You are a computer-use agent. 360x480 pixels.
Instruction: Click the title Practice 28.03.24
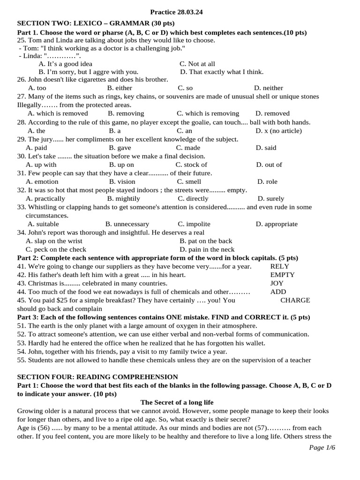[x=177, y=12]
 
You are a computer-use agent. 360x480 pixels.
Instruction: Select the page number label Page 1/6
[x=322, y=447]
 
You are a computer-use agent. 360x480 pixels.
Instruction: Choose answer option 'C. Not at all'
[x=197, y=64]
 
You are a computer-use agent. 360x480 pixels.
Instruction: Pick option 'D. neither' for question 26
[x=268, y=88]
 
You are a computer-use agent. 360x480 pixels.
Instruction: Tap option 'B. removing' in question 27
[x=126, y=113]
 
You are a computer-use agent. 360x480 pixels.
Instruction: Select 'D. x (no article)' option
[x=278, y=131]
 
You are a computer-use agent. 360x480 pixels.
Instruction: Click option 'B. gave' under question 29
[x=120, y=148]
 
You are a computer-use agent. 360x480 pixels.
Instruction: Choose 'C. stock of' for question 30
[x=191, y=165]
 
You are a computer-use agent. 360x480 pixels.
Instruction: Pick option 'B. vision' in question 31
[x=122, y=181]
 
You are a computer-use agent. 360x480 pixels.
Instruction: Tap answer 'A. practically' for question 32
[x=45, y=198]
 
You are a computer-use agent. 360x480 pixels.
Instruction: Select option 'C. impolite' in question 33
[x=194, y=224]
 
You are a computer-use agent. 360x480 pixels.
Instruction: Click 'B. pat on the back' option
[x=206, y=241]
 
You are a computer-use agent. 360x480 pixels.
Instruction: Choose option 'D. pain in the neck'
[x=207, y=249]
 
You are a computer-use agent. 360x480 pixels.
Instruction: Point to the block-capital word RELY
[x=280, y=266]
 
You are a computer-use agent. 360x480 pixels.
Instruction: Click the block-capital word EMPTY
[x=283, y=275]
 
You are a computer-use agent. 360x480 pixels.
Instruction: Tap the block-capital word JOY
[x=277, y=283]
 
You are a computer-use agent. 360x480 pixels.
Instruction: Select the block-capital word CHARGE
[x=295, y=300]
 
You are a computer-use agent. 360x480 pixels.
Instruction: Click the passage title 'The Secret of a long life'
[x=177, y=402]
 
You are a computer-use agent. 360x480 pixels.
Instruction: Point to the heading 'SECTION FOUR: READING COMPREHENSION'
[x=97, y=377]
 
